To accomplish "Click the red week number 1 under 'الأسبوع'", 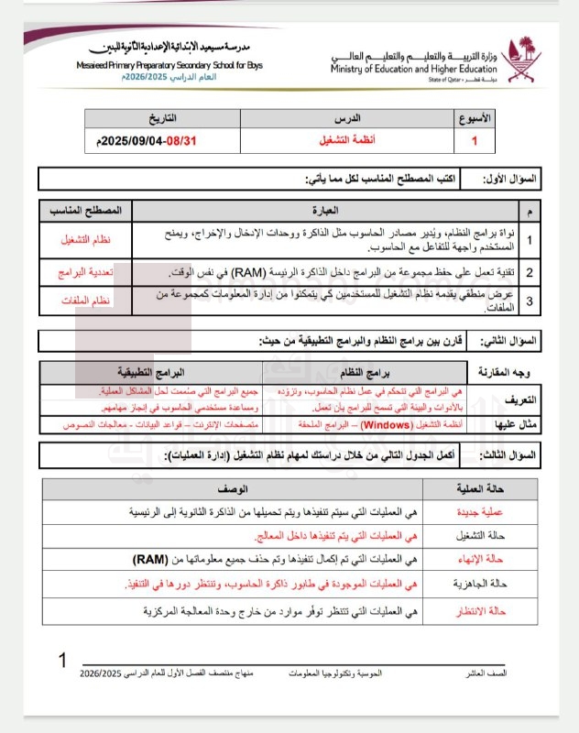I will click(474, 142).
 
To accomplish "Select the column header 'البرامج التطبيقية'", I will click(150, 373).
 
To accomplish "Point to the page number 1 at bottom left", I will click(62, 661).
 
